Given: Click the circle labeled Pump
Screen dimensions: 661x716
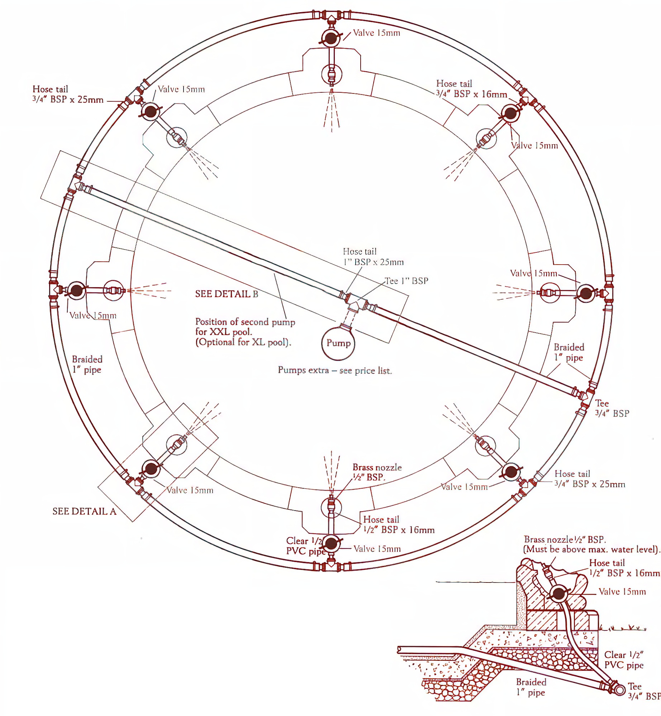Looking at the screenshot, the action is tap(338, 343).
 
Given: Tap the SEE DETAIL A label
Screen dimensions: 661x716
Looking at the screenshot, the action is tap(84, 511).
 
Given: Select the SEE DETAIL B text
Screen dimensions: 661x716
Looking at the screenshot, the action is tap(227, 294).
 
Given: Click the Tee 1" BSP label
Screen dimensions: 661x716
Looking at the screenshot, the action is tap(406, 281).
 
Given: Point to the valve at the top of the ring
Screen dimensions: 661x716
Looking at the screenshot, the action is tap(330, 38).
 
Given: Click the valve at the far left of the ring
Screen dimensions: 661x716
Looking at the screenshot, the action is tap(76, 290).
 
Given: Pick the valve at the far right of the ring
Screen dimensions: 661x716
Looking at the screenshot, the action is tap(586, 294).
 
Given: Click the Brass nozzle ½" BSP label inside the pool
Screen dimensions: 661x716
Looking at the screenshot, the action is tap(377, 472).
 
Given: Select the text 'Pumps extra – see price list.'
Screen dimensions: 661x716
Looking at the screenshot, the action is tap(335, 370).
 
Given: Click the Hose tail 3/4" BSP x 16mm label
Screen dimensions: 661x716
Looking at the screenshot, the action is tap(471, 89).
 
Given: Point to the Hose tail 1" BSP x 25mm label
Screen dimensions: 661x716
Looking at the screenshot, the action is tap(373, 257).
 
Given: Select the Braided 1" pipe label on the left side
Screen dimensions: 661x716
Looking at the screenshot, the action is tap(87, 365).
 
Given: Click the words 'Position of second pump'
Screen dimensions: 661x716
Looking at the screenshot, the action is tap(245, 322).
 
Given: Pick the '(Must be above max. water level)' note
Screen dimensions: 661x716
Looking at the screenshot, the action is tap(591, 549).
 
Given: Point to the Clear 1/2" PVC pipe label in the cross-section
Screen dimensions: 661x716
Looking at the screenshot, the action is tap(624, 660).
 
